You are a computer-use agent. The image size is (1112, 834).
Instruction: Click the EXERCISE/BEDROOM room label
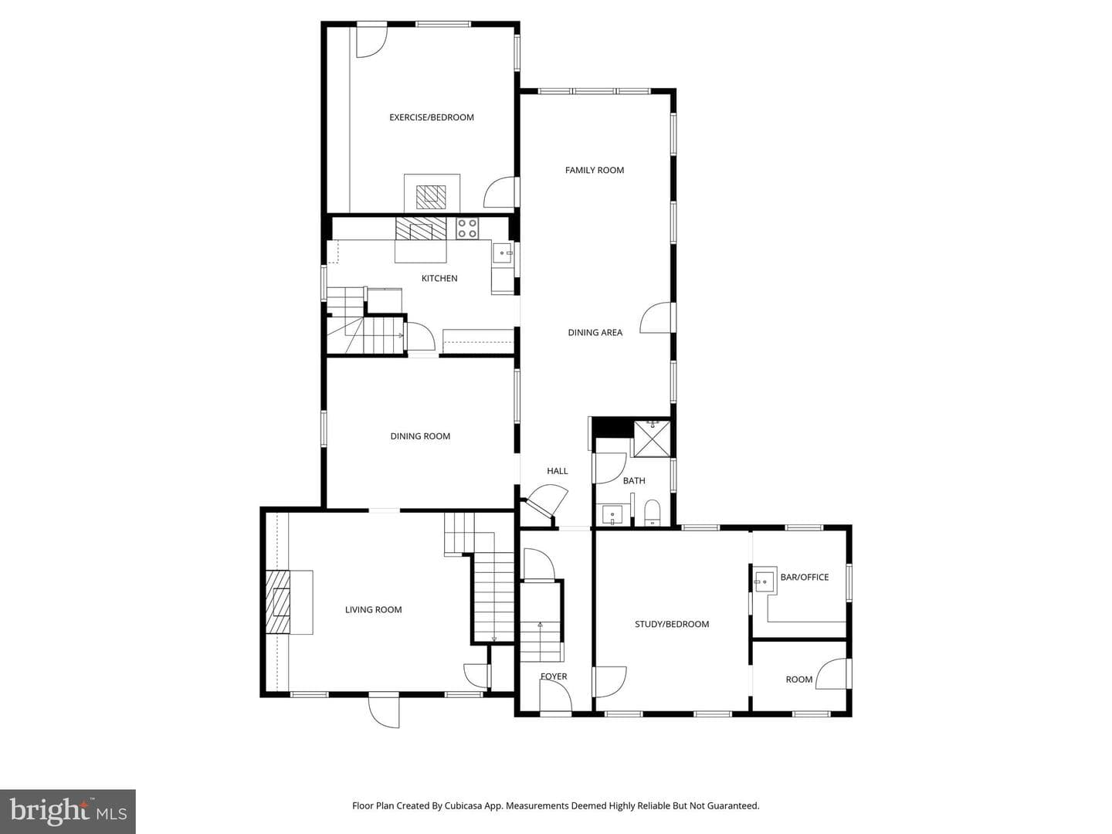click(x=431, y=117)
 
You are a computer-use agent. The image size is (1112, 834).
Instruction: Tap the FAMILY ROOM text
click(x=595, y=170)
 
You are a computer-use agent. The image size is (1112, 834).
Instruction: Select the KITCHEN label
click(x=439, y=278)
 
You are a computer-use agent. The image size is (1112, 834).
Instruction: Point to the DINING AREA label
click(x=595, y=333)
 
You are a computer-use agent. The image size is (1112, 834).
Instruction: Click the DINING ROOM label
click(x=420, y=436)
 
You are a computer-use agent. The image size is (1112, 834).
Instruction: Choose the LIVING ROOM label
click(x=373, y=610)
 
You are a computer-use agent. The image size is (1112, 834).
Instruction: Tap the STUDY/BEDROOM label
click(x=672, y=625)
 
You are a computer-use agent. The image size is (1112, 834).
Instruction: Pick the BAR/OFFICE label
click(x=805, y=578)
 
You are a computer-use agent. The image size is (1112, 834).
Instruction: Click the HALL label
click(x=558, y=471)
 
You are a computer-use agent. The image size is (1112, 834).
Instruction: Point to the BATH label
click(x=634, y=480)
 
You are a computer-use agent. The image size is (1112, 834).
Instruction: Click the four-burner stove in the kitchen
click(x=467, y=228)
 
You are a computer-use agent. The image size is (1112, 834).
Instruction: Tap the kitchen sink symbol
click(x=502, y=253)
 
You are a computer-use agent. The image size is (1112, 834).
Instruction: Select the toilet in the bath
click(x=652, y=513)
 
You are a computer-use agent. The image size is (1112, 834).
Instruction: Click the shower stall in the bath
click(x=653, y=438)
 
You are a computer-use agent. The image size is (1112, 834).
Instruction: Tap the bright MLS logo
click(x=68, y=812)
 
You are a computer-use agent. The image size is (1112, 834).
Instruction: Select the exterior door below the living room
click(x=384, y=710)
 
